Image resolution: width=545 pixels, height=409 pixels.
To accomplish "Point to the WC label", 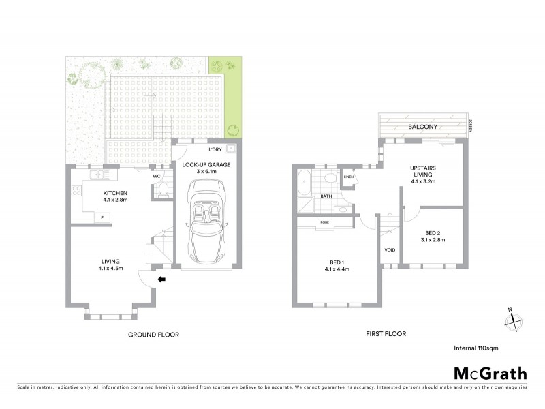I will click(156, 176).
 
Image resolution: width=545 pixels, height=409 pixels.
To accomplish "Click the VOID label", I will click(390, 250).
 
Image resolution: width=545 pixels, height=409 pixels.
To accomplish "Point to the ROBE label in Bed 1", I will click(326, 222).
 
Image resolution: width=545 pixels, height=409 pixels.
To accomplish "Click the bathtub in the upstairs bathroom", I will click(304, 182).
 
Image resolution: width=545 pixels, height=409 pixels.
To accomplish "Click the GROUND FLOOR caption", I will click(153, 335).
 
